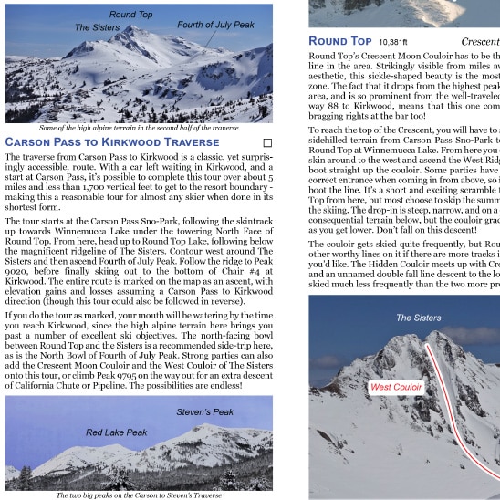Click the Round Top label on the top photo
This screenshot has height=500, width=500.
[131, 15]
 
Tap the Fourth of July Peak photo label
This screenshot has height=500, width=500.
[216, 25]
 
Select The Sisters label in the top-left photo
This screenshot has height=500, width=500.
[97, 27]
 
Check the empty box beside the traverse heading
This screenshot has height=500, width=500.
[267, 142]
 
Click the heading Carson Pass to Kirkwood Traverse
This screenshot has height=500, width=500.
[112, 142]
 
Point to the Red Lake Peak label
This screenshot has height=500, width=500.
[117, 432]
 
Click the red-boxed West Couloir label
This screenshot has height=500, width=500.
[396, 387]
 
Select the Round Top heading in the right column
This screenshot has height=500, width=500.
[340, 41]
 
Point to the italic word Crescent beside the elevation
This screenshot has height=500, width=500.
[480, 42]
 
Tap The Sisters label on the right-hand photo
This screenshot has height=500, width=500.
[418, 318]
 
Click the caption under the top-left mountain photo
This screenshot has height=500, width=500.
[137, 128]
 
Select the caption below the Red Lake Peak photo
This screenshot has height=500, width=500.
[139, 495]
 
